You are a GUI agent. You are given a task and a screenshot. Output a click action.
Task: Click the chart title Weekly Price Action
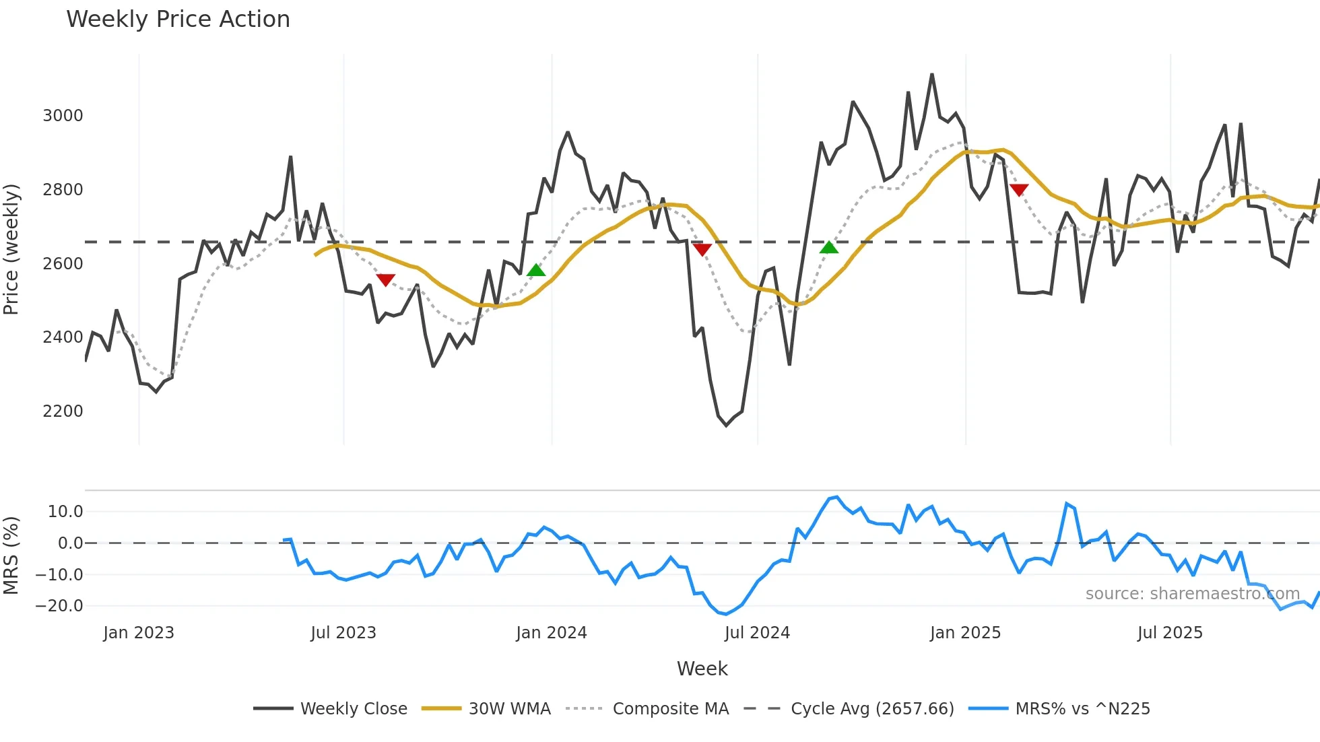(x=178, y=20)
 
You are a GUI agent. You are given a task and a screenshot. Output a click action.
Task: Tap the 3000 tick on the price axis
(x=63, y=116)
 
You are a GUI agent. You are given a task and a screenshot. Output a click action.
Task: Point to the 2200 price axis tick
(x=63, y=411)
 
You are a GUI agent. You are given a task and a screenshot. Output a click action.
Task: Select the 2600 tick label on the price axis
(x=63, y=264)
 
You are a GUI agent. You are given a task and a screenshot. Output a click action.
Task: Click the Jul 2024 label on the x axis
(x=757, y=633)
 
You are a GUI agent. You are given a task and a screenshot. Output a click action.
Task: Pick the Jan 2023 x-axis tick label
(x=139, y=633)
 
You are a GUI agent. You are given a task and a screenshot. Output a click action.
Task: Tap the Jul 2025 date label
(x=1170, y=633)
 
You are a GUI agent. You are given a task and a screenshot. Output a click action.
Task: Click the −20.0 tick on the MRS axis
(x=59, y=606)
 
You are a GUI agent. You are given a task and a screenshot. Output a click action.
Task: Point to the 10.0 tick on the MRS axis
(x=65, y=512)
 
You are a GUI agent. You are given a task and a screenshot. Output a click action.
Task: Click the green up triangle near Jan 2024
(x=536, y=271)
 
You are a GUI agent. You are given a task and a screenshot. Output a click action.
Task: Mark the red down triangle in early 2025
(x=1019, y=190)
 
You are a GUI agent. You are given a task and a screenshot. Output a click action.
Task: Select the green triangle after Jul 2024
(x=829, y=248)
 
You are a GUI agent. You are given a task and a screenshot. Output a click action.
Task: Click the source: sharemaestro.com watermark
(x=1192, y=594)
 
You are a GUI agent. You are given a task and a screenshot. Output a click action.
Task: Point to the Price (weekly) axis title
(x=11, y=249)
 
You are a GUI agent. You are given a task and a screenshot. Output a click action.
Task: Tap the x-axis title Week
(x=702, y=669)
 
